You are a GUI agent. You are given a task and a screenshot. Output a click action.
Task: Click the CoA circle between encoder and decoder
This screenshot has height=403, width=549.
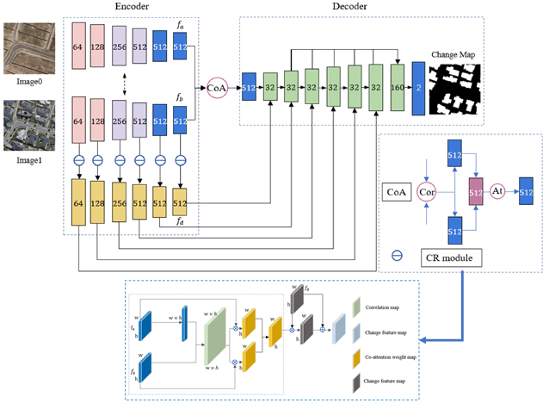(x=217, y=88)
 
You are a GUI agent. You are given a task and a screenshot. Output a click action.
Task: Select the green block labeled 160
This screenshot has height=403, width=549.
(x=397, y=88)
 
